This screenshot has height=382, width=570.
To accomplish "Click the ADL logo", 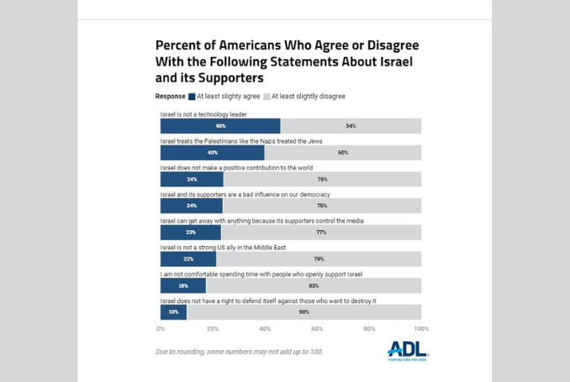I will pyautogui.click(x=408, y=349).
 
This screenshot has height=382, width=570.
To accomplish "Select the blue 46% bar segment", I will pyautogui.click(x=220, y=126).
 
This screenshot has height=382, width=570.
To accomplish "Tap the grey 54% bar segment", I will pyautogui.click(x=351, y=126).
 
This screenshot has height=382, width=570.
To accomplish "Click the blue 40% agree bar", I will pyautogui.click(x=213, y=153).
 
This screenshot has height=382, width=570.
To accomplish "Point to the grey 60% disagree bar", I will pyautogui.click(x=343, y=153).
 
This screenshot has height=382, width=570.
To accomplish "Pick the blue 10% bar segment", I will pyautogui.click(x=173, y=312).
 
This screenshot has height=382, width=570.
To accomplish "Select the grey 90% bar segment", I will pyautogui.click(x=303, y=312).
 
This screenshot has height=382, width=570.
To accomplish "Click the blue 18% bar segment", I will pyautogui.click(x=183, y=285).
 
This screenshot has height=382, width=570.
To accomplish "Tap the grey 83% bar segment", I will pyautogui.click(x=314, y=285).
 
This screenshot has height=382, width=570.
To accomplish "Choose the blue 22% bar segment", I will pyautogui.click(x=188, y=259).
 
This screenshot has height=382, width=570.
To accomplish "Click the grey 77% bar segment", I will pyautogui.click(x=320, y=233).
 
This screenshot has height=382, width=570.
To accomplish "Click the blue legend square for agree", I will pyautogui.click(x=192, y=97).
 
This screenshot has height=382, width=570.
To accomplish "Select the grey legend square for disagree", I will pyautogui.click(x=267, y=97).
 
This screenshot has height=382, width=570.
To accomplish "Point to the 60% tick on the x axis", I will pyautogui.click(x=317, y=329).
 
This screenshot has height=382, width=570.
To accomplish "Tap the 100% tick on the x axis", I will pyautogui.click(x=420, y=329).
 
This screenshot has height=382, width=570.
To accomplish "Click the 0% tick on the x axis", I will pyautogui.click(x=161, y=329).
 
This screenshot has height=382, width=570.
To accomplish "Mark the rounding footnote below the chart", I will pyautogui.click(x=239, y=352).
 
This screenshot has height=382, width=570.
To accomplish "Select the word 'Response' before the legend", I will pyautogui.click(x=170, y=97).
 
